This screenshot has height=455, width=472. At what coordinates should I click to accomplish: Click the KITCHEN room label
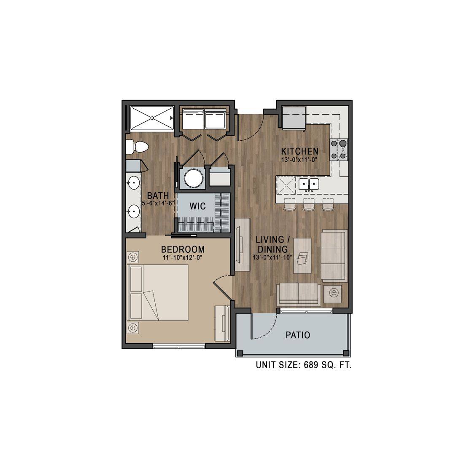299,151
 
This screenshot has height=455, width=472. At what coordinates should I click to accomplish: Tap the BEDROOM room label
183,249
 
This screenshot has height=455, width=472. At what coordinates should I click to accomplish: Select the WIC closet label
197,206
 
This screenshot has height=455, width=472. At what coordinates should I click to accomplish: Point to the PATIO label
298,335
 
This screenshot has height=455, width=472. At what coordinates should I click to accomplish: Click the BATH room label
158,195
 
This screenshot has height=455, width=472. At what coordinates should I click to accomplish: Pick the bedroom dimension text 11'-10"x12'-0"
183,257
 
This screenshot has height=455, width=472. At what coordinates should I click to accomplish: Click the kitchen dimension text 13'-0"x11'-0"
299,160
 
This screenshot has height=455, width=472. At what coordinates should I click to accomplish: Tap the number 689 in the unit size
311,365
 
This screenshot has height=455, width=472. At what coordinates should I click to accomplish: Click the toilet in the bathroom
137,147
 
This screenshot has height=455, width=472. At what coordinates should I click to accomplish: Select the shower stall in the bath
152,118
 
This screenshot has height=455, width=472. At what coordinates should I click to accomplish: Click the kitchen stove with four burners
339,150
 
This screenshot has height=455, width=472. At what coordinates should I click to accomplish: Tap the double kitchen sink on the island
309,184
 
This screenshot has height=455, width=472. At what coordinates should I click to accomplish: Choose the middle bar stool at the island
309,205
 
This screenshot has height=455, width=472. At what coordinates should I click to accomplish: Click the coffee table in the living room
302,256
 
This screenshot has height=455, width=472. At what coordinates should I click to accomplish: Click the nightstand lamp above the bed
133,256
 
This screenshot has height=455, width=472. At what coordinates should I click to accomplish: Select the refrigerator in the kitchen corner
294,118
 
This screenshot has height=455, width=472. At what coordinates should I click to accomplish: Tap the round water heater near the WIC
193,179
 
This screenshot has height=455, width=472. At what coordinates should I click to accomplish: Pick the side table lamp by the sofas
333,292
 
